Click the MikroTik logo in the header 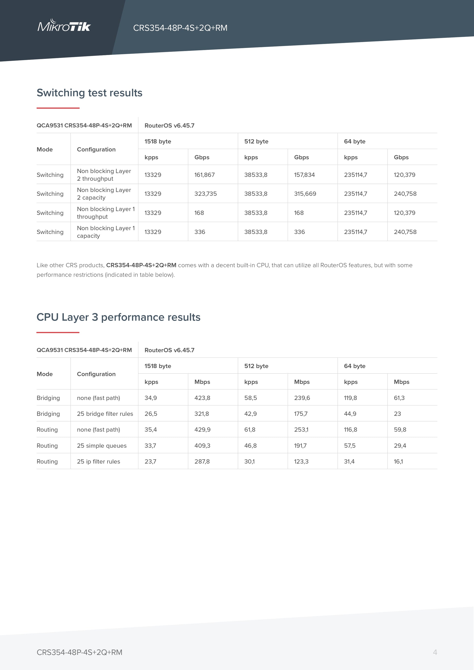click(x=64, y=26)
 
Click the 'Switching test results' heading click(x=89, y=93)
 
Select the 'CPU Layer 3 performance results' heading click(x=118, y=317)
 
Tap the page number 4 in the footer click(x=435, y=652)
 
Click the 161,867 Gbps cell click(x=204, y=175)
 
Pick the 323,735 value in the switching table click(x=206, y=194)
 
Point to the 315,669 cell click(x=305, y=194)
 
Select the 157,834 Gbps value click(x=304, y=175)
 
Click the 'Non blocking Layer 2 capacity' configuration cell click(x=104, y=194)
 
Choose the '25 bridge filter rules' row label click(x=105, y=414)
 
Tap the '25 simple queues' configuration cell click(x=102, y=446)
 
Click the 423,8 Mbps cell click(x=202, y=398)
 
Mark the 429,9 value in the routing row click(x=202, y=429)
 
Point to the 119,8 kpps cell click(x=350, y=398)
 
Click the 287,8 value click(x=202, y=461)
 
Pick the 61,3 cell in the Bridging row click(x=399, y=398)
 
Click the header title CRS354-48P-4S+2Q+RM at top click(x=180, y=28)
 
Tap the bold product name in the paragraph click(x=141, y=265)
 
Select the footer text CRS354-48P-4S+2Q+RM click(x=79, y=652)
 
